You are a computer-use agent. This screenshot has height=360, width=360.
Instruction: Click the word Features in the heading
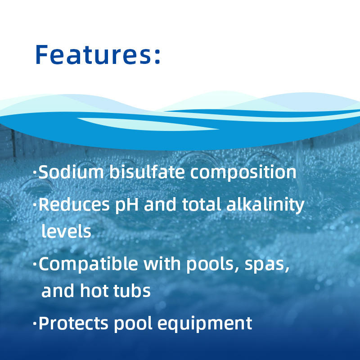tap(94, 54)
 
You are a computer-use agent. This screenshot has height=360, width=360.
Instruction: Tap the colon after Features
tap(157, 57)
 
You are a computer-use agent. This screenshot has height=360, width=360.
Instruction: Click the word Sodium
tap(71, 172)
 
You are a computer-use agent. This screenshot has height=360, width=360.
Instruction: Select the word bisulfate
tap(147, 172)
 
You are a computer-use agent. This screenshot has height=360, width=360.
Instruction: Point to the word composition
tap(243, 173)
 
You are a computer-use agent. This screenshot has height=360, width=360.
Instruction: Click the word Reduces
tap(74, 204)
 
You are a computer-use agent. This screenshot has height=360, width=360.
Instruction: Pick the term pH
tap(127, 205)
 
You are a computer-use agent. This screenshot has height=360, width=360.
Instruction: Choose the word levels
tap(66, 231)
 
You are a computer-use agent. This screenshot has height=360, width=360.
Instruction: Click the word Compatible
tap(88, 264)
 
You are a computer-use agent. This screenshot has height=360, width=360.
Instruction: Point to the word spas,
tap(267, 265)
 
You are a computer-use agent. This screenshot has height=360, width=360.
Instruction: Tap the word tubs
tap(132, 290)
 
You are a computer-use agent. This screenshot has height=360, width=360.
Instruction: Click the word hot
tap(94, 290)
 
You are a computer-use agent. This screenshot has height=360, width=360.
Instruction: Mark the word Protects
tap(73, 323)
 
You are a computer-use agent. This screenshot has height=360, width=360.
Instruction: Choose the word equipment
tap(205, 324)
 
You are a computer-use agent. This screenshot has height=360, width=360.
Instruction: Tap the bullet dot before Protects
tap(35, 323)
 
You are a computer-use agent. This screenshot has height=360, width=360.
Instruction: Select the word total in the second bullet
tap(202, 204)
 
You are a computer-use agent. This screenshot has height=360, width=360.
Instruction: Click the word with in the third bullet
tap(162, 264)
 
